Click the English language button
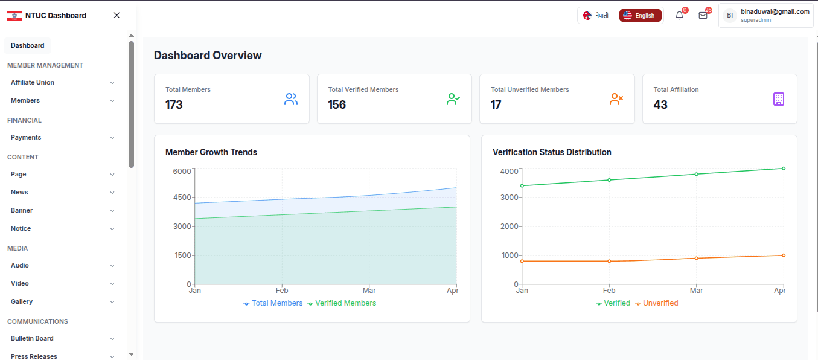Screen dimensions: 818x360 pyautogui.click(x=640, y=15)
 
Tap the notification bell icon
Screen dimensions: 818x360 pyautogui.click(x=679, y=15)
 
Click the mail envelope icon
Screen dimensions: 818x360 pyautogui.click(x=703, y=15)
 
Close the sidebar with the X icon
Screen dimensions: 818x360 pyautogui.click(x=117, y=15)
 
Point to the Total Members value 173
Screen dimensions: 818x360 pyautogui.click(x=174, y=105)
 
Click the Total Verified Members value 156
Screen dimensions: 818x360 pyautogui.click(x=337, y=105)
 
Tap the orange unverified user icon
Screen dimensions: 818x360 pyautogui.click(x=616, y=99)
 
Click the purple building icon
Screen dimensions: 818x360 pyautogui.click(x=779, y=99)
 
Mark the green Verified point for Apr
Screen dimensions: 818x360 pyautogui.click(x=784, y=169)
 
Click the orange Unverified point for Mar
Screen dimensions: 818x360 pyautogui.click(x=697, y=259)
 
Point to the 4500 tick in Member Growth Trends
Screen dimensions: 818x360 pyautogui.click(x=182, y=198)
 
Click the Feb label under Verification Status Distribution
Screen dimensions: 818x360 pyautogui.click(x=609, y=291)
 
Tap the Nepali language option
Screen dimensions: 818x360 pyautogui.click(x=596, y=15)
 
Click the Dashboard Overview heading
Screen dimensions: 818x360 pyautogui.click(x=208, y=55)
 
